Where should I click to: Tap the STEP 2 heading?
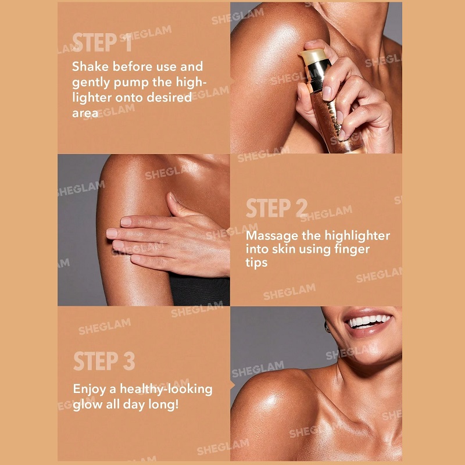click(277, 208)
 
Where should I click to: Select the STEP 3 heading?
click(104, 361)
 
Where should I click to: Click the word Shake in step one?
click(90, 66)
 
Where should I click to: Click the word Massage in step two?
click(272, 237)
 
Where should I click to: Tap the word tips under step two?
click(256, 263)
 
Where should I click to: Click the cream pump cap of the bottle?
click(313, 56)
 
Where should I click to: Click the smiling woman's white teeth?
click(369, 321)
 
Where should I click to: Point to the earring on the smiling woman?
click(327, 328)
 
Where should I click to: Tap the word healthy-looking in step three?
click(166, 389)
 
